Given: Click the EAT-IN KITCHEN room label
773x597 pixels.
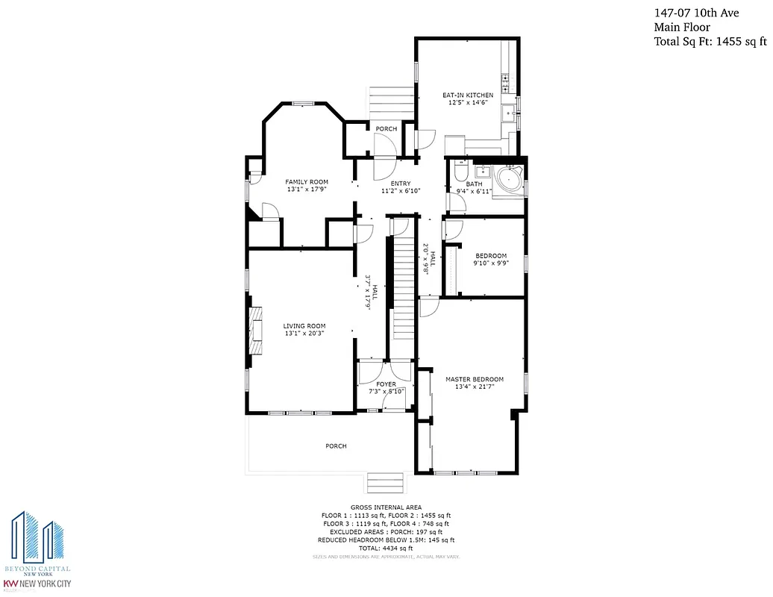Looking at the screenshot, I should tap(468, 96).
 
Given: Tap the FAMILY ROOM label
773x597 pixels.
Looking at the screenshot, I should tap(307, 182).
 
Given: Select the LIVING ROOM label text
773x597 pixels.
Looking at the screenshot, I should tap(304, 325).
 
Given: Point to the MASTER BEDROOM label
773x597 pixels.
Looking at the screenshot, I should tap(475, 379).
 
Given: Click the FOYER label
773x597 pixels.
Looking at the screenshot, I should tap(386, 384).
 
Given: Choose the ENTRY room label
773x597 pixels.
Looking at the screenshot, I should tap(401, 184).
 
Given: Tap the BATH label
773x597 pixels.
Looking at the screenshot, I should tap(474, 184).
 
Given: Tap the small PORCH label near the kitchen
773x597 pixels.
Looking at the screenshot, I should tap(386, 129).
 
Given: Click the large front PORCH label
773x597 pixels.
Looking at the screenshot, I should tap(336, 446).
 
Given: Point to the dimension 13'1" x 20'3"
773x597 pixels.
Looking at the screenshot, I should tap(304, 334).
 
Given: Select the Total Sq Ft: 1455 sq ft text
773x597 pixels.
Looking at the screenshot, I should tap(710, 42).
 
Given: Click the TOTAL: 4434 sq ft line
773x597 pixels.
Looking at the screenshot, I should tap(386, 548).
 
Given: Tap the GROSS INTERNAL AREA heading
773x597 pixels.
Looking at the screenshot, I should tap(386, 507).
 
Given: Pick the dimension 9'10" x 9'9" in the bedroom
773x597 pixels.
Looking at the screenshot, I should tap(489, 263).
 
